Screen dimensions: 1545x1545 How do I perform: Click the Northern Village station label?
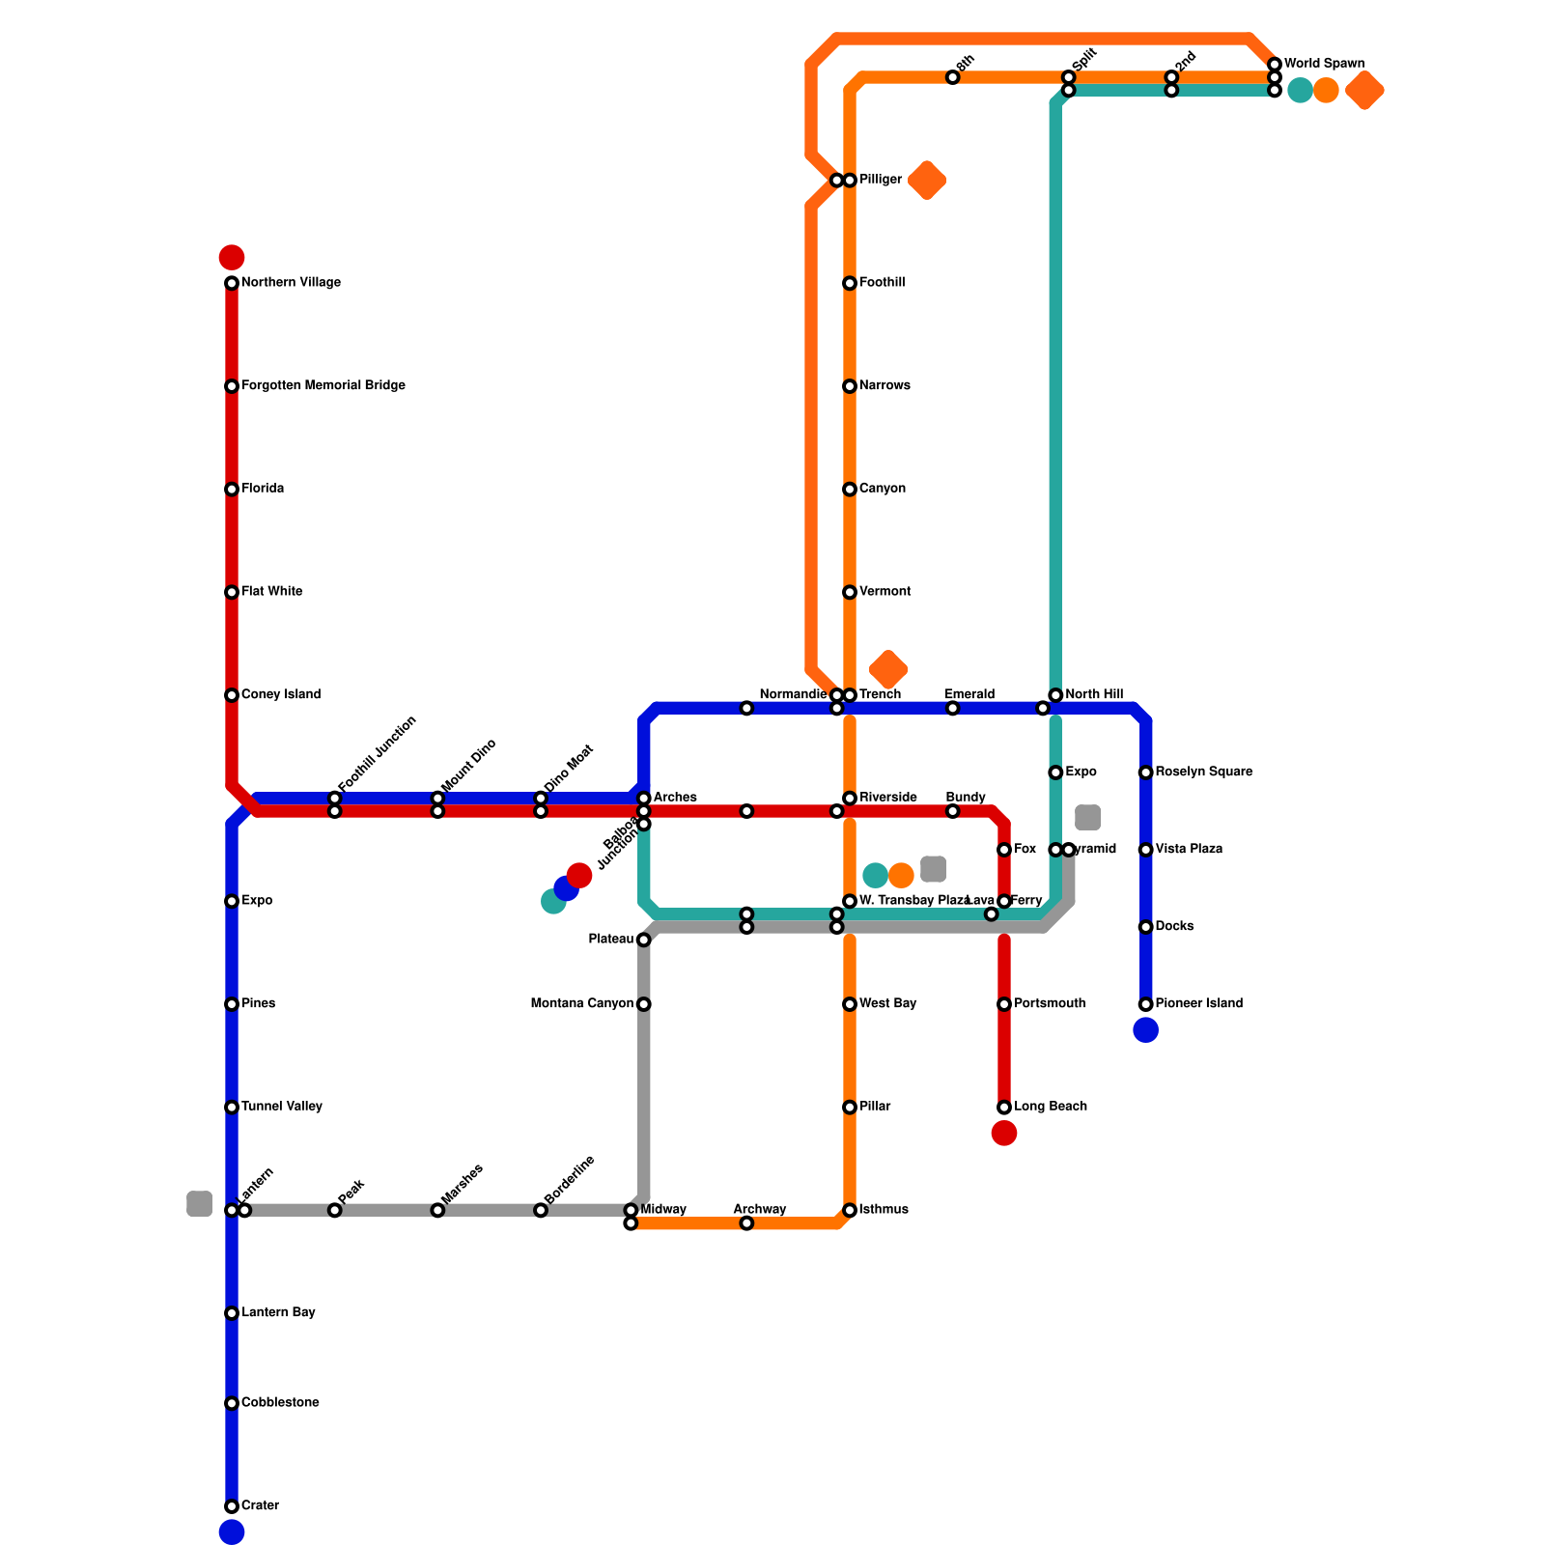(291, 283)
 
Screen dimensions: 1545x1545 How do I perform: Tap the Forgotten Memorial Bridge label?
(323, 386)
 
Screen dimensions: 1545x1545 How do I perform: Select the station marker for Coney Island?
(232, 695)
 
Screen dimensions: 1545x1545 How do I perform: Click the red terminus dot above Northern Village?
(232, 258)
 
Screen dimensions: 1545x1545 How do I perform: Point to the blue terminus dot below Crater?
(232, 1532)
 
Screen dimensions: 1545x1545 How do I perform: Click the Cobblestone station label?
(280, 1403)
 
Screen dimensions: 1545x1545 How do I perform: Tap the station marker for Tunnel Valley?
(232, 1108)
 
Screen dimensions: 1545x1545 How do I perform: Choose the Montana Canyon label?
(582, 1004)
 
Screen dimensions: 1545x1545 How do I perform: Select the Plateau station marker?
(644, 940)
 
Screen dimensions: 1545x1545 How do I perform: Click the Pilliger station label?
(881, 181)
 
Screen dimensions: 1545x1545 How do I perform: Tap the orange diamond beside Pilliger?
(927, 181)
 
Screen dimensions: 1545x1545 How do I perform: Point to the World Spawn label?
(1324, 65)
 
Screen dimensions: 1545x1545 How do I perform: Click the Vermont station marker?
(850, 592)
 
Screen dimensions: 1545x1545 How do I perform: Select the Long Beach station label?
(1051, 1107)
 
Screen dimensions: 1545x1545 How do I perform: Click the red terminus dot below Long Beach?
(1004, 1134)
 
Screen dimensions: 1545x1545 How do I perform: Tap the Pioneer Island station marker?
(1146, 1004)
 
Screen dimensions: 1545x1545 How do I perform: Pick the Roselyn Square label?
(1204, 772)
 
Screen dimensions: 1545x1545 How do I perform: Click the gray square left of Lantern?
(199, 1204)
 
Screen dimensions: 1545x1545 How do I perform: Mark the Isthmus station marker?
(850, 1210)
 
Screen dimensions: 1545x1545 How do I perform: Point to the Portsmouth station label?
(1050, 1004)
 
